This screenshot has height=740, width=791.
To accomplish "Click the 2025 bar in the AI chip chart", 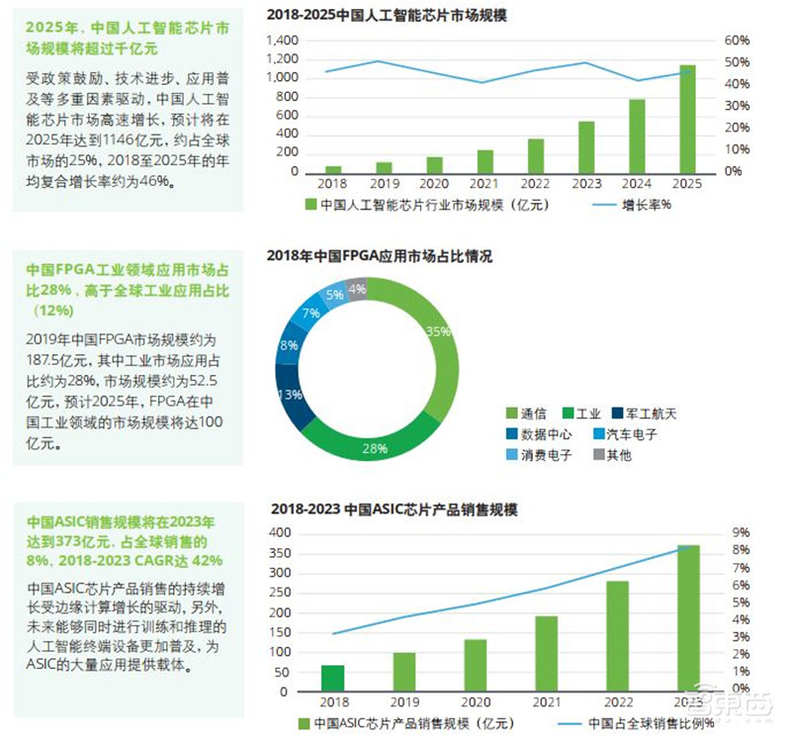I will tap(687, 119).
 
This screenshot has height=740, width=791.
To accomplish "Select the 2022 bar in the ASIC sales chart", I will tap(617, 636).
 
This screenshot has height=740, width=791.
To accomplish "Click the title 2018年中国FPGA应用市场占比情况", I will tap(380, 256).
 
